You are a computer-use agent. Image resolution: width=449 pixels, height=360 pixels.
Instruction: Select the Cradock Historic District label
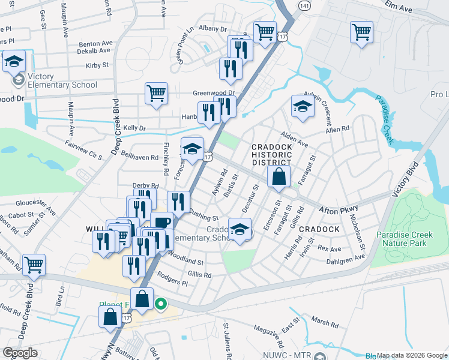271,154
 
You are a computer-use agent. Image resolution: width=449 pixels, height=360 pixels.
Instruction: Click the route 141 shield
305,5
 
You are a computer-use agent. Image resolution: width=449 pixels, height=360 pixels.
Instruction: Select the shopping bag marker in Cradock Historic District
279,176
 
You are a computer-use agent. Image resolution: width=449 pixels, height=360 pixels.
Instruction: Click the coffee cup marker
161,223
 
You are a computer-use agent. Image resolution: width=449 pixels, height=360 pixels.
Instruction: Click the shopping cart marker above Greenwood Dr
156,93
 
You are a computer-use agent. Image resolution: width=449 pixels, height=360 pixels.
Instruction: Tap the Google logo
20,353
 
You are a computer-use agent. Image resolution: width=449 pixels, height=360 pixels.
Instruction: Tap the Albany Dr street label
213,29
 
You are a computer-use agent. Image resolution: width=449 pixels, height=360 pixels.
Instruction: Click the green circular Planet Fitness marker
160,304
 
